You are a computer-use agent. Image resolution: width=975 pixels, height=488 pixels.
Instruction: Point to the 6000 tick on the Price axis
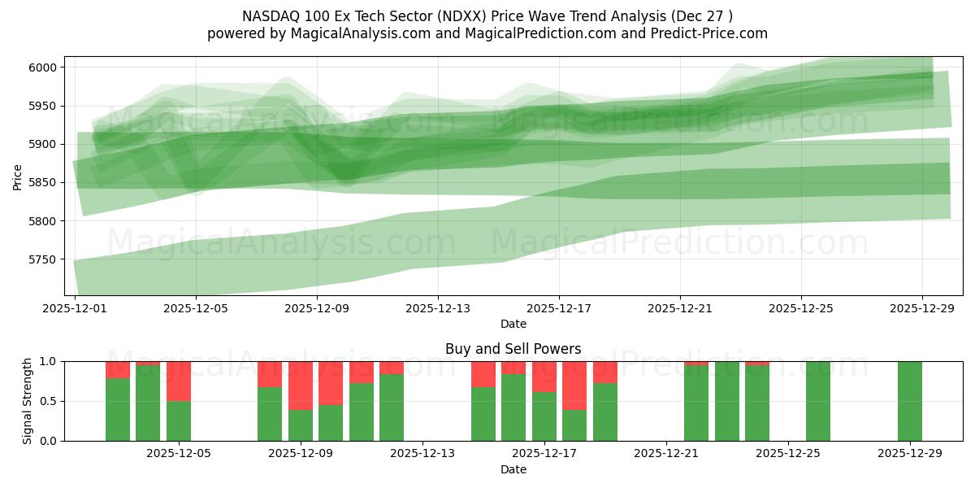(45, 68)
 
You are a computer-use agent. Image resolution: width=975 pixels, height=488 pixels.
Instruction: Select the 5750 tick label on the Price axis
(45, 259)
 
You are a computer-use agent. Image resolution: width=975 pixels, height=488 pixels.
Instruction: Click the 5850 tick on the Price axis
(45, 183)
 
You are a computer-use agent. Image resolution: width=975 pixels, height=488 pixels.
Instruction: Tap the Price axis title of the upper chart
(18, 176)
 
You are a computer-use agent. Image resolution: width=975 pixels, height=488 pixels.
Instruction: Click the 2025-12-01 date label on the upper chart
(75, 308)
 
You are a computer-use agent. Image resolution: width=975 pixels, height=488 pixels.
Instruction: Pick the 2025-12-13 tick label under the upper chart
(438, 308)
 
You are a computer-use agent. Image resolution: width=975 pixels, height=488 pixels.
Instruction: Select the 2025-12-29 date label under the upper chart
(922, 308)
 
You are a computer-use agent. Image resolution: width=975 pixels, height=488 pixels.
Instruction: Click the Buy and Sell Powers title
(513, 349)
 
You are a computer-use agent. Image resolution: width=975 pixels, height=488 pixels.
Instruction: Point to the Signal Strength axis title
(28, 400)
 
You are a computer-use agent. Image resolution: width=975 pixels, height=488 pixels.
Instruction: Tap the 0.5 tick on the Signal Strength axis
(48, 401)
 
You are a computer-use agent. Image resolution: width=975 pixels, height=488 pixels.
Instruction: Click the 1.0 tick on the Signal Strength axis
(48, 361)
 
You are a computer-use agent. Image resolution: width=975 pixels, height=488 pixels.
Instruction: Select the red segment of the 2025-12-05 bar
(179, 381)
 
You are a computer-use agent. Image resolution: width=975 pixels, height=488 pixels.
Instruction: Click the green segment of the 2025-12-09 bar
(301, 425)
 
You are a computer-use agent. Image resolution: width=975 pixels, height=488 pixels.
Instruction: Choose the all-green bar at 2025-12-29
(910, 401)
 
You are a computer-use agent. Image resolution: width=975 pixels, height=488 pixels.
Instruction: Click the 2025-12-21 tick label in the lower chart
(666, 453)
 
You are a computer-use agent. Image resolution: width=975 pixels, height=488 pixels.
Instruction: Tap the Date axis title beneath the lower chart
(513, 469)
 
